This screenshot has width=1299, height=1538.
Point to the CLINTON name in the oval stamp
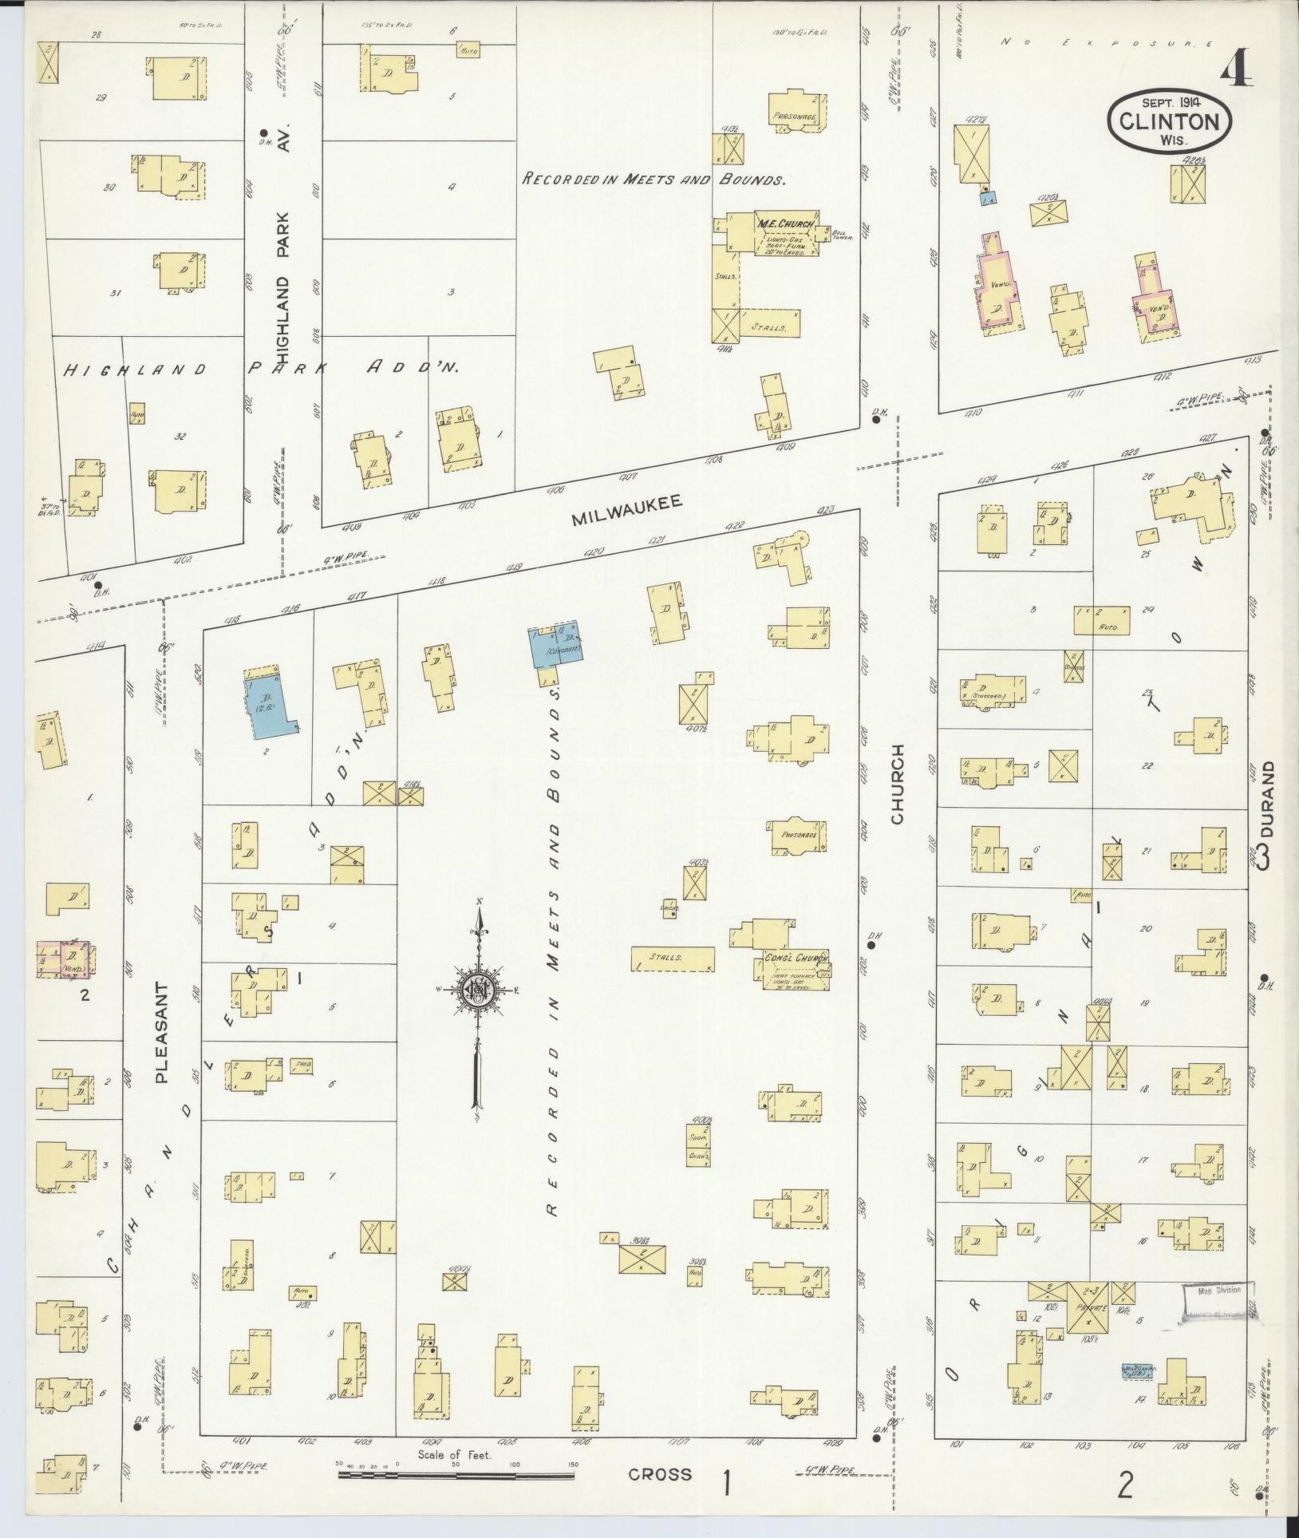(x=1169, y=121)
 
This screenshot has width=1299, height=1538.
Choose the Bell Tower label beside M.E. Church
(x=844, y=235)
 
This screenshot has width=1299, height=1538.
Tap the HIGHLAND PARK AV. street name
(x=288, y=264)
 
